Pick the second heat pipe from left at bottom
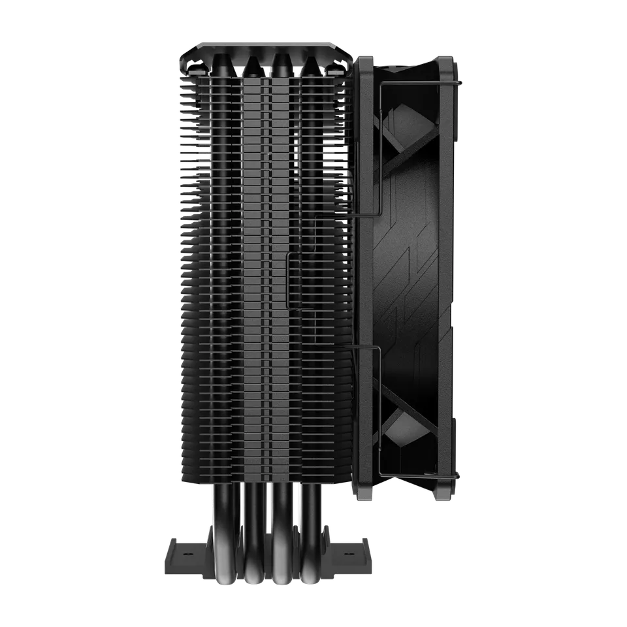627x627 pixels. tap(252, 522)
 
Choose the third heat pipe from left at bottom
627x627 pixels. tap(282, 522)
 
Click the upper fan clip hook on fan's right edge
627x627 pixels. tap(460, 83)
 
